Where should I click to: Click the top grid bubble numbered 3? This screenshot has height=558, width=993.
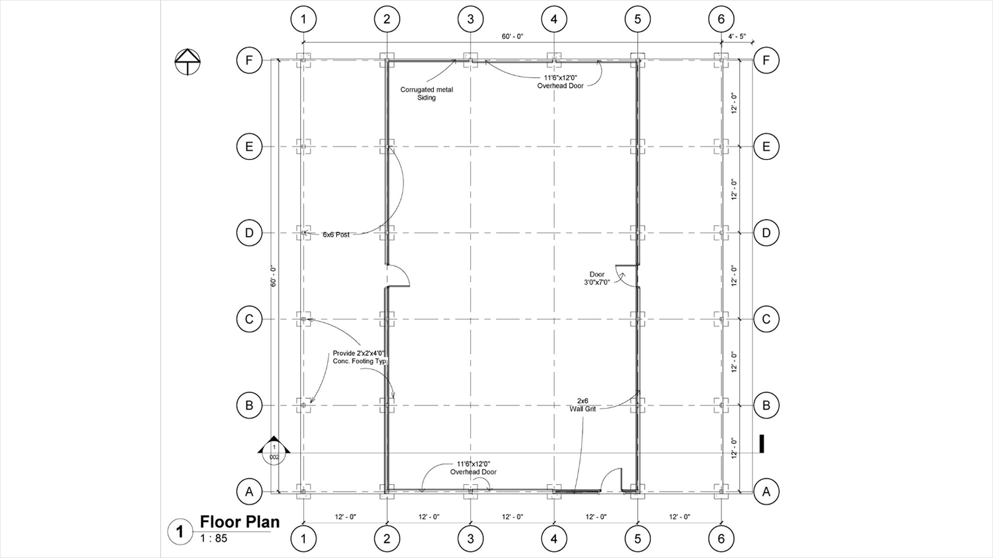pos(470,19)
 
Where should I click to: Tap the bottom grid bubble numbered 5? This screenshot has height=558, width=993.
pos(637,539)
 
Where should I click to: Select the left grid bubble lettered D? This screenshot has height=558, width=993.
pos(249,233)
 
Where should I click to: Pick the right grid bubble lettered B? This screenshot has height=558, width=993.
pos(766,405)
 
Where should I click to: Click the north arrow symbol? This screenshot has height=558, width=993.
pos(187,61)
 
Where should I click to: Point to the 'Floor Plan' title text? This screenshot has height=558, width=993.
pos(240,522)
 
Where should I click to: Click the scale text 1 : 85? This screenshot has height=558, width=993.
pos(213,539)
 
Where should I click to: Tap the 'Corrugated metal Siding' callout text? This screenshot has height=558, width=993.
pos(426,94)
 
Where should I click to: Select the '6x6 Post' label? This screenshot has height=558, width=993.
pos(336,235)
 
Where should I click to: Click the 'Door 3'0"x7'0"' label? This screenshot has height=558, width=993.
pos(596,278)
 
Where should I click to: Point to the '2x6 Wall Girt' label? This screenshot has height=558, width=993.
pos(583,405)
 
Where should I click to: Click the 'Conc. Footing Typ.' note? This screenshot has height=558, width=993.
pos(361,361)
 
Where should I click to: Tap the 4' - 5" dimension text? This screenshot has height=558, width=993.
pos(737,37)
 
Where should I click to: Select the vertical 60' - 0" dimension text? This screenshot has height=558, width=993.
pos(274,276)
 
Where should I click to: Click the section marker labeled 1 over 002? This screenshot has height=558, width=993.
pos(274,452)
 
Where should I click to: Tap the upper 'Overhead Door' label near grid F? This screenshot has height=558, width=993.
pos(560,86)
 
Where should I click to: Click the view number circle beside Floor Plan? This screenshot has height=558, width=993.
pos(180,531)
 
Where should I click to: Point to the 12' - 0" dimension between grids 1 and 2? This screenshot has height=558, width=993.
pos(345,517)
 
